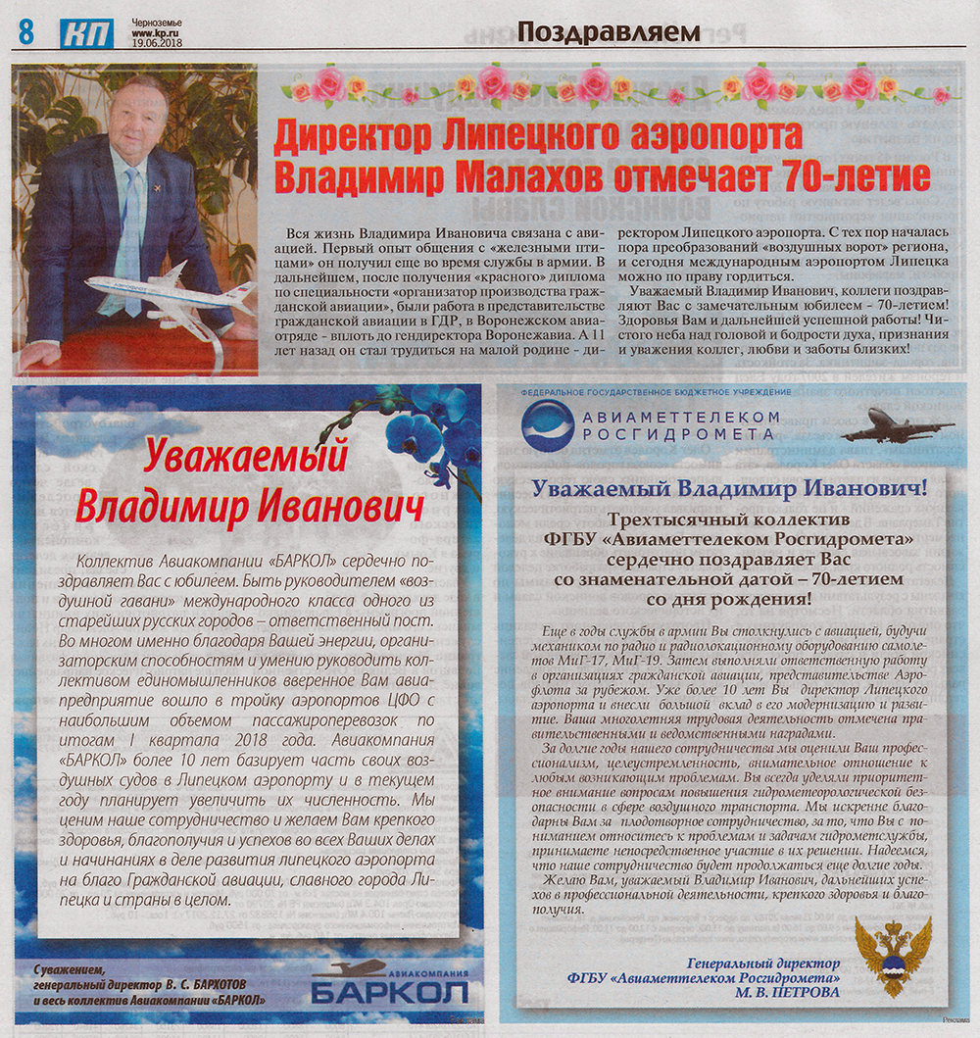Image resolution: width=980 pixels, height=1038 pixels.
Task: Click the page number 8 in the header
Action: (x=24, y=31)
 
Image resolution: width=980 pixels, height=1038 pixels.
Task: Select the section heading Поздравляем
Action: (x=608, y=30)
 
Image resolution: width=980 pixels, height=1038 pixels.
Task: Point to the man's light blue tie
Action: (x=129, y=235)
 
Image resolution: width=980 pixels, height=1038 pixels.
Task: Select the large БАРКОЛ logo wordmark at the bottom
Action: (x=389, y=992)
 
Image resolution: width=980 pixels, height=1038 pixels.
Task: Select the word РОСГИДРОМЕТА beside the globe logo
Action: (x=671, y=433)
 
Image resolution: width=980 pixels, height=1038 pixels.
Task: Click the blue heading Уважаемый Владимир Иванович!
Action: (x=729, y=487)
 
